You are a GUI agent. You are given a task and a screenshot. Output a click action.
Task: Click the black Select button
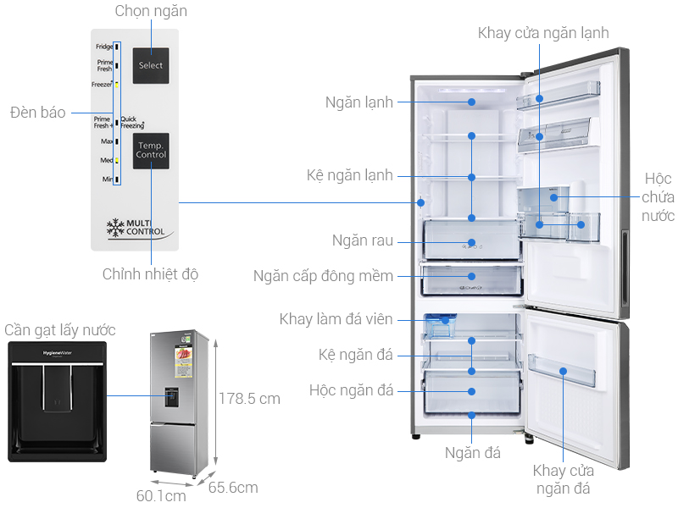(x=151, y=65)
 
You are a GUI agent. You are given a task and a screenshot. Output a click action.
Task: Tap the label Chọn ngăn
(x=151, y=11)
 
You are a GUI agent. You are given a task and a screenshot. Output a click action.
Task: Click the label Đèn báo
(x=37, y=113)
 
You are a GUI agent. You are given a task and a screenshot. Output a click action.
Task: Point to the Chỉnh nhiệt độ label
(x=150, y=274)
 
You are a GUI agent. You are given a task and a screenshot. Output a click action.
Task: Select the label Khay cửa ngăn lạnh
(x=543, y=33)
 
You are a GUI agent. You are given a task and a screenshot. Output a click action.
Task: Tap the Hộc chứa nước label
(x=658, y=197)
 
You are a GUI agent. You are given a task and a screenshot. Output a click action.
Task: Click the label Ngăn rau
(x=363, y=240)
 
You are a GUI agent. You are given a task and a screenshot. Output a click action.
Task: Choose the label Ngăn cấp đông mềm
(x=323, y=276)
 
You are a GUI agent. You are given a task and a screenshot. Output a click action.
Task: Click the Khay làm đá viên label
(x=336, y=319)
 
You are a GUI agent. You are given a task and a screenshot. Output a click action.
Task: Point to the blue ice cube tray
(x=439, y=322)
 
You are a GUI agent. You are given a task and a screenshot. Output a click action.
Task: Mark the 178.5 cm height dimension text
(x=249, y=398)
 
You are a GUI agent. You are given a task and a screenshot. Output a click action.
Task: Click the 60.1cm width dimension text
(x=161, y=495)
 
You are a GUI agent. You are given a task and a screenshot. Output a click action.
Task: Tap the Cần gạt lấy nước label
(x=59, y=330)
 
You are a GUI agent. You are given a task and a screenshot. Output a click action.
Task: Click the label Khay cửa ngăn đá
(x=563, y=479)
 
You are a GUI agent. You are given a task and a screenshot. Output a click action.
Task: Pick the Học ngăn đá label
(x=351, y=390)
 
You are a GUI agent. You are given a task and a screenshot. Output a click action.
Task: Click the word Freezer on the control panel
(x=102, y=85)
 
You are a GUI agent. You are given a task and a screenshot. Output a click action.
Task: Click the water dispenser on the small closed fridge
(x=172, y=395)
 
